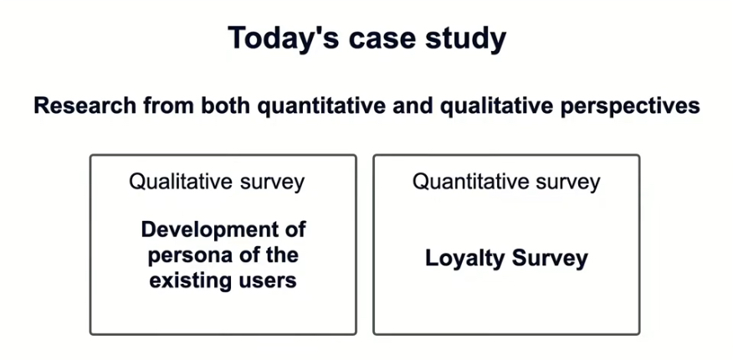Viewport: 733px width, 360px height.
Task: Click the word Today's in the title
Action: tap(284, 38)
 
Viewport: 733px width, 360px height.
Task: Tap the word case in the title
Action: tap(381, 39)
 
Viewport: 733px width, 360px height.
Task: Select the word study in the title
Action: tap(465, 39)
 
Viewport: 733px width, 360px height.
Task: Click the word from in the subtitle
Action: tap(170, 106)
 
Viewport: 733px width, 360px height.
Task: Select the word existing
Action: tap(187, 280)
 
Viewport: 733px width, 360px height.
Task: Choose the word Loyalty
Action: tap(465, 259)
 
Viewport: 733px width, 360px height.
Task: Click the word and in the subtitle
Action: tap(412, 106)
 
